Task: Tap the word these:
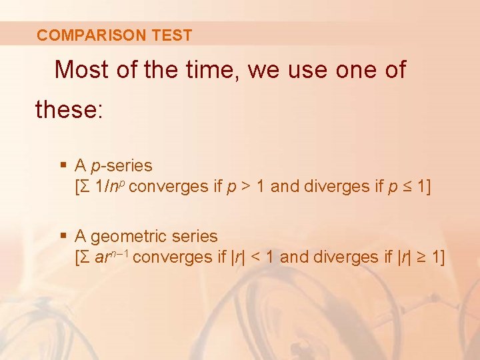point(69,109)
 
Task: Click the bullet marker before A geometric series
point(63,236)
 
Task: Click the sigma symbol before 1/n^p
point(86,187)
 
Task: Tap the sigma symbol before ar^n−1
point(86,257)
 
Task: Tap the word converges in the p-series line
point(169,187)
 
